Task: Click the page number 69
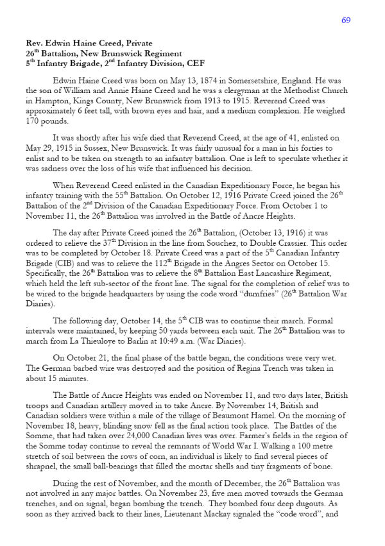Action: coord(346,20)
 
